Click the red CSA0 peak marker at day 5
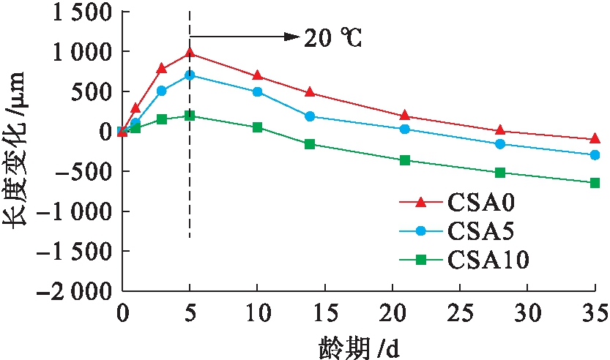tap(190, 53)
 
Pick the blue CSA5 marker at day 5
tap(190, 75)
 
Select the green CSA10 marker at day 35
tap(595, 183)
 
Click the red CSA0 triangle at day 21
tap(405, 116)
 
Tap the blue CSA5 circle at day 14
tap(310, 116)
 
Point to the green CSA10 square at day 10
tap(257, 127)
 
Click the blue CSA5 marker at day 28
tap(500, 144)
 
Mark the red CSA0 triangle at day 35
tap(595, 138)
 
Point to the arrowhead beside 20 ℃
tap(292, 34)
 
